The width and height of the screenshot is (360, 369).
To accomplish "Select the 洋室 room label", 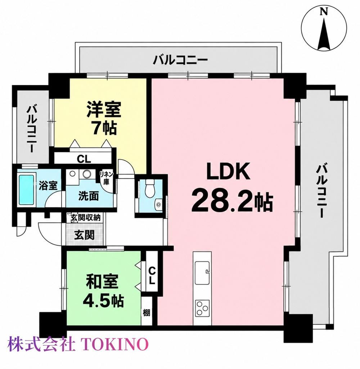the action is point(104,109).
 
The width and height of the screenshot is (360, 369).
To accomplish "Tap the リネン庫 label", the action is point(107,178).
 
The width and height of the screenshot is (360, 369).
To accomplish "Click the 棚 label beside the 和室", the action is point(146,313).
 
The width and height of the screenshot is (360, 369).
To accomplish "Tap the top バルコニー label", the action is point(180,60).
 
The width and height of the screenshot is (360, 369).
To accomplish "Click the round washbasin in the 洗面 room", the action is point(86,174).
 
